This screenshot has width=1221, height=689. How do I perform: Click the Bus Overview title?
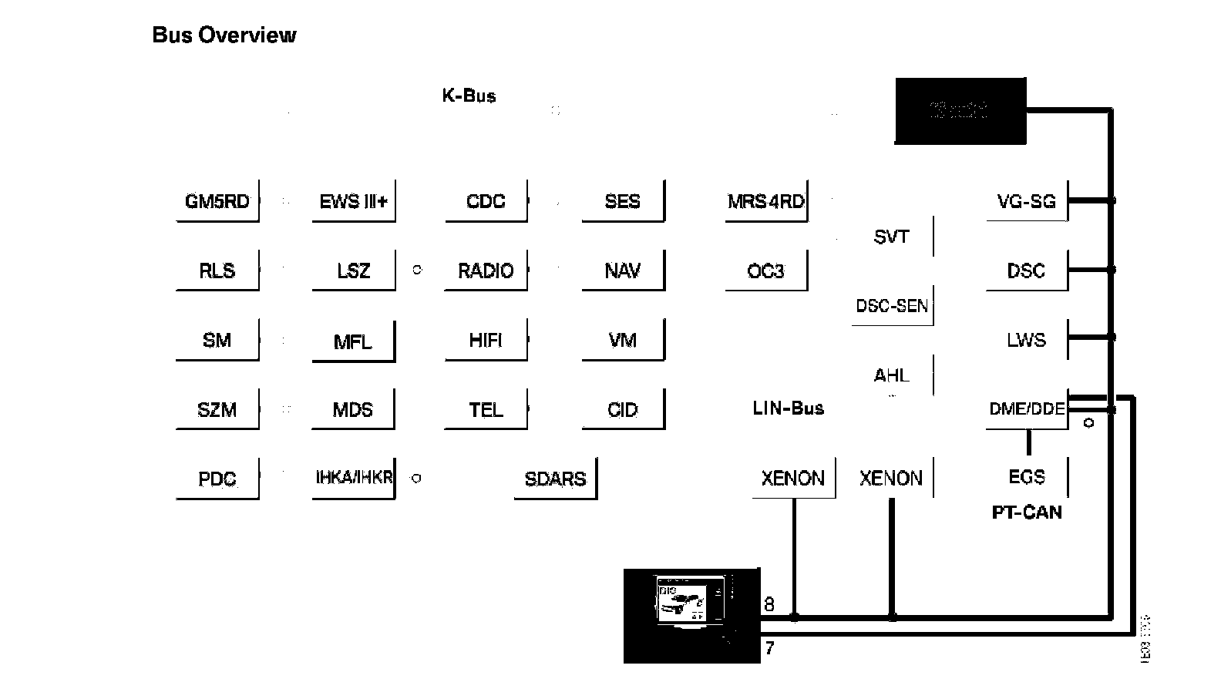coord(224,35)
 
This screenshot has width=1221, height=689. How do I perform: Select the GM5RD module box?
coord(217,201)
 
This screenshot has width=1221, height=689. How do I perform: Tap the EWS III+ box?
coord(353,201)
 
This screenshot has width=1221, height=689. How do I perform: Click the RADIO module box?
coord(486,271)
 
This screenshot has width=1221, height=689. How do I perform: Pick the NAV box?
coord(623,271)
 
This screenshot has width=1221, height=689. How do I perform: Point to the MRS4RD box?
coord(765,201)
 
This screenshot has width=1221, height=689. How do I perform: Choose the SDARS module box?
coord(555,479)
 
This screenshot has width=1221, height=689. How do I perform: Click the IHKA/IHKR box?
coord(354,477)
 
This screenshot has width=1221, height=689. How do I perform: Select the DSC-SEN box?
coord(892,306)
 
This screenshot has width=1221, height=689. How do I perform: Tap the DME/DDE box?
coord(1027,408)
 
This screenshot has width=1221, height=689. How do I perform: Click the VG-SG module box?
coord(1027,201)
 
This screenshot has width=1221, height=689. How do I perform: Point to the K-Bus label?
coord(469,96)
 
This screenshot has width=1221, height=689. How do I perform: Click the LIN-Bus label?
coord(788,408)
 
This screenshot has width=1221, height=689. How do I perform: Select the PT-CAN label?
coord(1027,513)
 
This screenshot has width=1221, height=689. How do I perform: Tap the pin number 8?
coord(769,604)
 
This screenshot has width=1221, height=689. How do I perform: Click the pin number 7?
coord(769,648)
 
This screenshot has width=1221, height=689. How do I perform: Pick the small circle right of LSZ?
coord(417,271)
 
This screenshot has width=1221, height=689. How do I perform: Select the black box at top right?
coord(960,111)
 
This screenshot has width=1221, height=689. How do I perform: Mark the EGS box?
coord(1027,477)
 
